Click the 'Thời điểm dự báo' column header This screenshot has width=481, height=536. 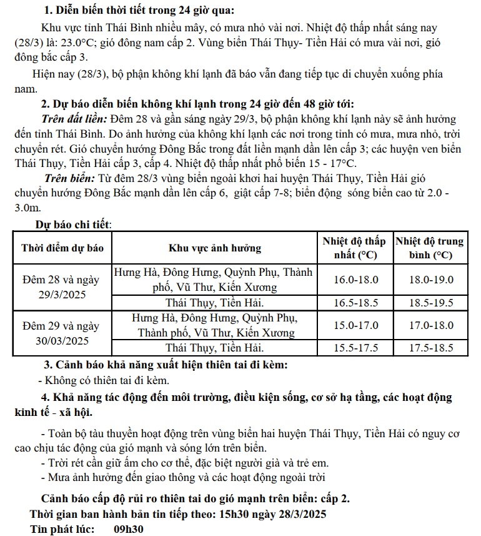coord(62,248)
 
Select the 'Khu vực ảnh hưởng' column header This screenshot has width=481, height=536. coord(215,248)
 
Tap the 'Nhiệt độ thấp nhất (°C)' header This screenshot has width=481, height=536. coord(355,248)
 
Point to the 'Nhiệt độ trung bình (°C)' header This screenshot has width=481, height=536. coord(430,248)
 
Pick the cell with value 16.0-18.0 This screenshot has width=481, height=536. coord(355,280)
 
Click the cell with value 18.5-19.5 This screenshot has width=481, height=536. coord(430,303)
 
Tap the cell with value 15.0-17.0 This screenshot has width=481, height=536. coord(355,325)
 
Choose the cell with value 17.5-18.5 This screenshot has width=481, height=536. coord(430,348)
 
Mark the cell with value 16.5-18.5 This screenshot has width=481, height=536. coord(355,303)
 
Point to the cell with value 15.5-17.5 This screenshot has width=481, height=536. coord(355,348)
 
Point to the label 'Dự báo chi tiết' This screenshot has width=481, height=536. coord(73,223)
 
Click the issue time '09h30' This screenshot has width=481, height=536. coord(129,529)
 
